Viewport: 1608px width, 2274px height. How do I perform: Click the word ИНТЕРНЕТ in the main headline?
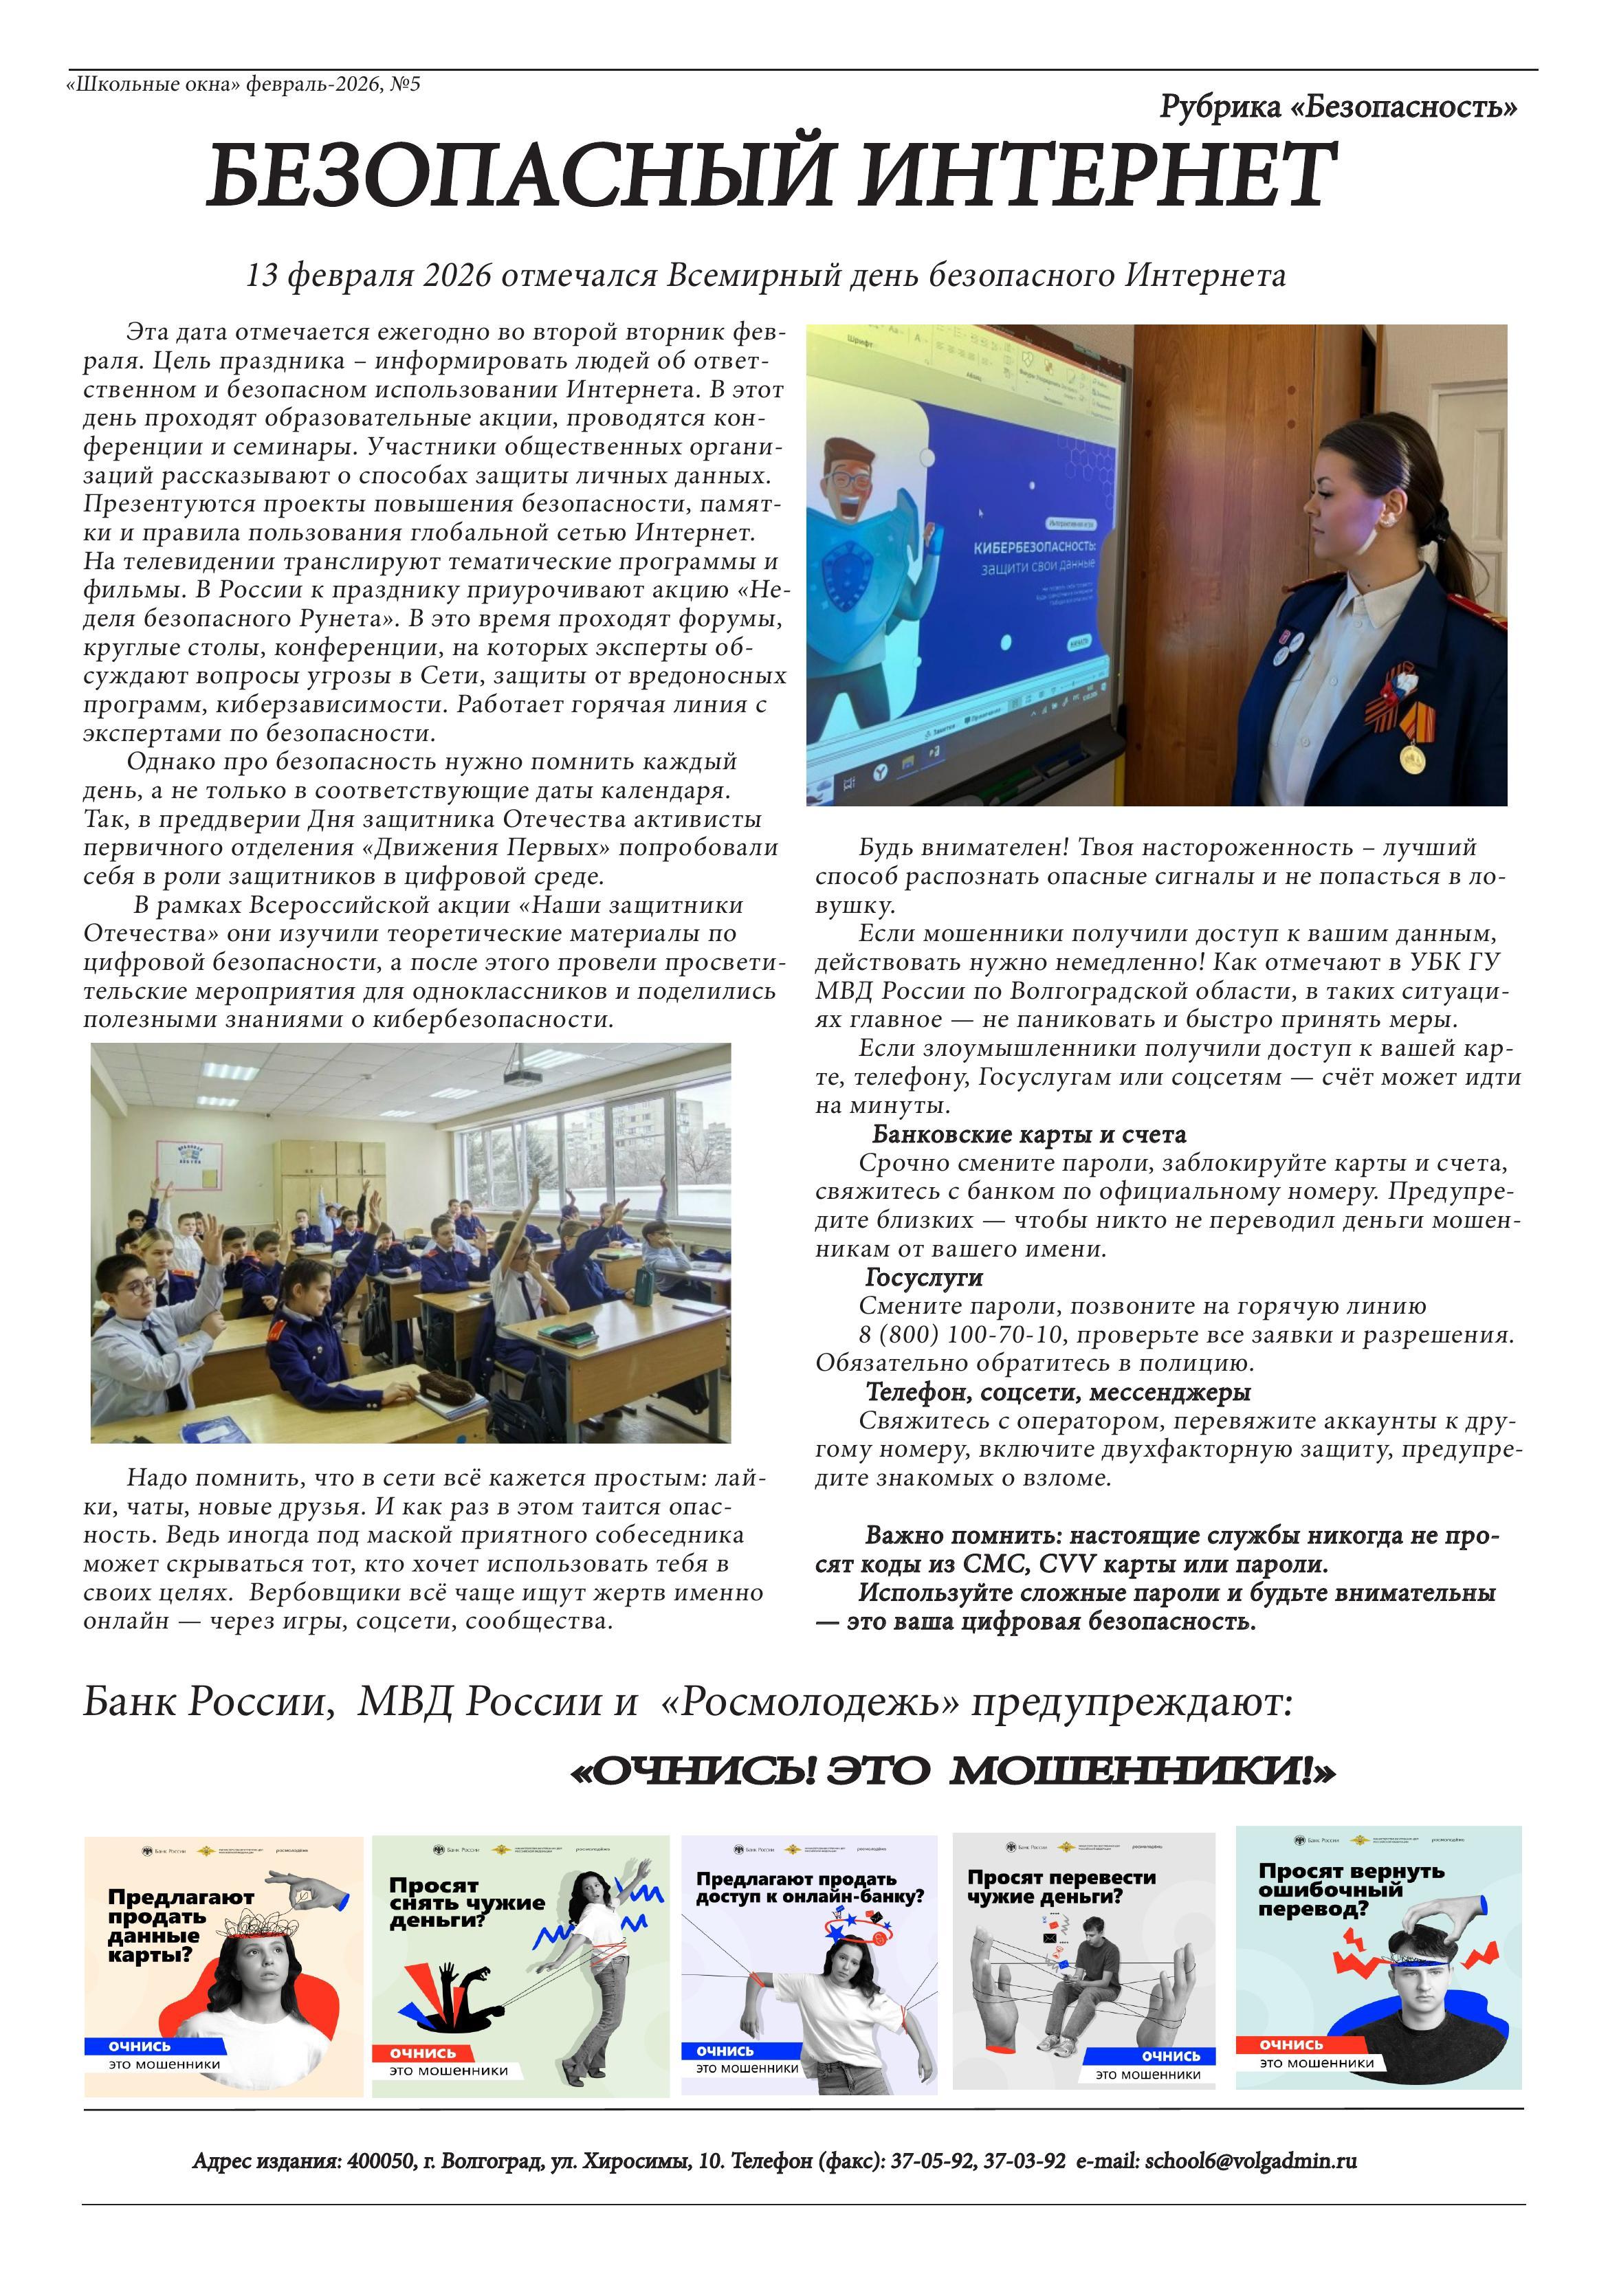[x=1097, y=175]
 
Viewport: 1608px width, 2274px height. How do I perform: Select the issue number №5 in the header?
[x=405, y=84]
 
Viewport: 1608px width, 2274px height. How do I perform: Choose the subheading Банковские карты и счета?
[x=1028, y=1134]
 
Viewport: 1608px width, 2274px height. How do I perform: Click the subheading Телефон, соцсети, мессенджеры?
[x=1058, y=1393]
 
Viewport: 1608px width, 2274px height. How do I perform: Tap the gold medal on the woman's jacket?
[x=1411, y=760]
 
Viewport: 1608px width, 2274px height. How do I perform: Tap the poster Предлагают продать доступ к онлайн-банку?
[x=808, y=1965]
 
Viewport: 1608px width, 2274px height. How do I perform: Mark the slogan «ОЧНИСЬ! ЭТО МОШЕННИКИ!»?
[x=952, y=1770]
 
